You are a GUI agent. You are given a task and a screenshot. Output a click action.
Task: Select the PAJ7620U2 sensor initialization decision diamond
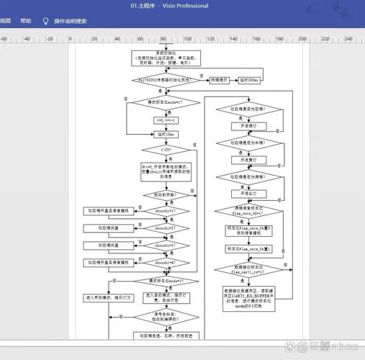166,80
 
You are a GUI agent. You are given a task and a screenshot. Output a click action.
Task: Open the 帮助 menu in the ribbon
26,21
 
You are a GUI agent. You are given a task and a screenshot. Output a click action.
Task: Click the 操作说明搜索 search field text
71,21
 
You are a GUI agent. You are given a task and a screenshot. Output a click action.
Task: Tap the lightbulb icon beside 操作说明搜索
46,21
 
